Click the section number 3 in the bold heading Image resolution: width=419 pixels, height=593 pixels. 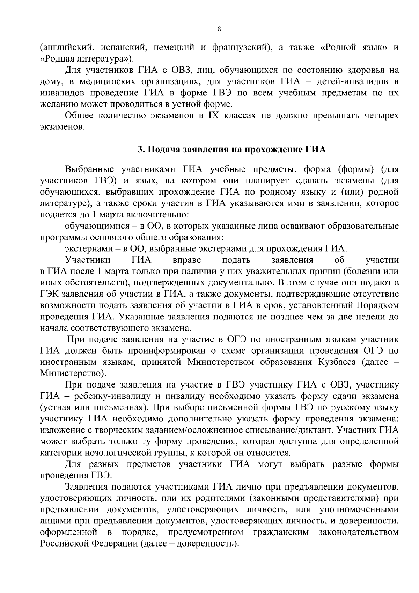(x=140, y=150)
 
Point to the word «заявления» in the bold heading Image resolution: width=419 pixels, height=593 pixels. (x=200, y=150)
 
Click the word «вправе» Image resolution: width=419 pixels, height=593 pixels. (x=187, y=260)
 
